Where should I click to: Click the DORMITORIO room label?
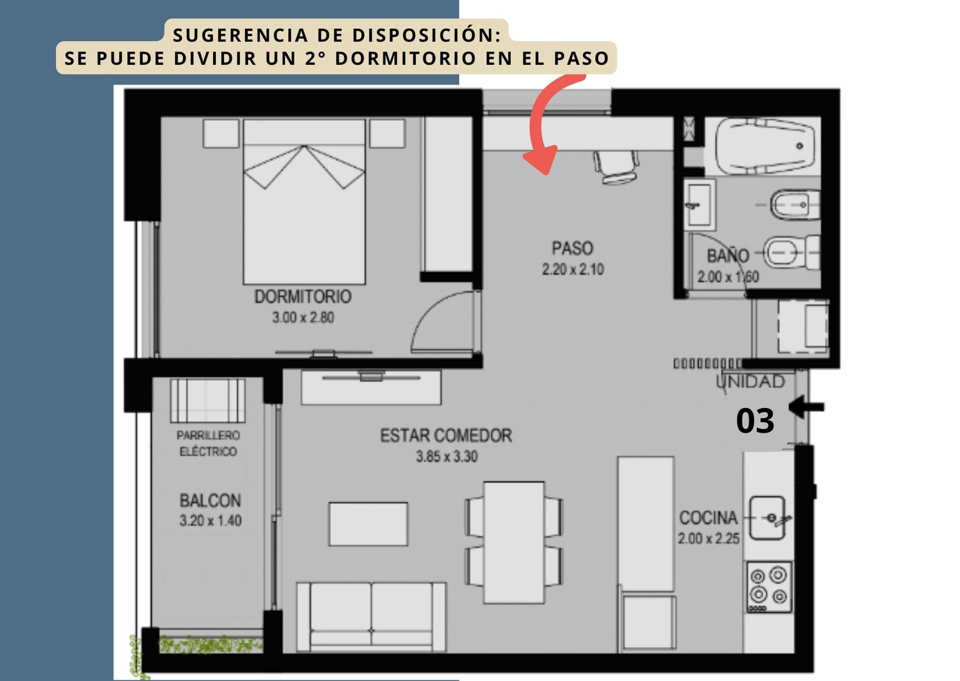(x=303, y=296)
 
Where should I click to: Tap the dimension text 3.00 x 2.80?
(x=303, y=317)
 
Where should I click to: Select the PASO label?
(x=572, y=248)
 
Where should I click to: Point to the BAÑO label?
(x=728, y=256)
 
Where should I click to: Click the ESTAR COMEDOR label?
(x=446, y=436)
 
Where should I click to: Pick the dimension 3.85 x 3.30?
(x=446, y=457)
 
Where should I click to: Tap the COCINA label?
(x=709, y=518)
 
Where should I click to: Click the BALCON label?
(x=210, y=500)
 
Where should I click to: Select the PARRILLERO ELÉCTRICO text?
(x=208, y=443)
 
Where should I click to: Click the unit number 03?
(x=755, y=421)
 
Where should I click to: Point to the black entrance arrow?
(x=806, y=407)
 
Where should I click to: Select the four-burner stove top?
(x=769, y=587)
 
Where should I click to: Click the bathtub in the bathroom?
(x=764, y=146)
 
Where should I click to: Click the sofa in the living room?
(x=371, y=617)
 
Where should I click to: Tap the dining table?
(x=514, y=542)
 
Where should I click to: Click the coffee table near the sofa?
(x=368, y=524)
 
